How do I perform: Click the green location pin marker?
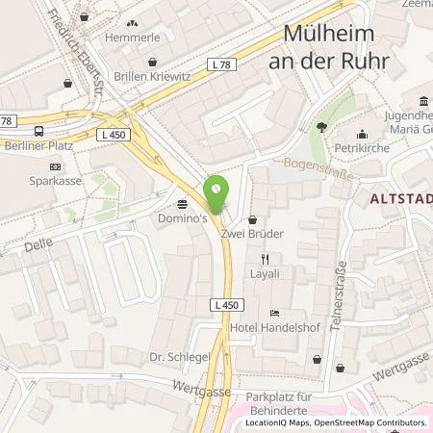click(x=216, y=192)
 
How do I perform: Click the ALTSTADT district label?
click(x=403, y=199)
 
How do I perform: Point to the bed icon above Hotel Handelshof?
click(x=274, y=313)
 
